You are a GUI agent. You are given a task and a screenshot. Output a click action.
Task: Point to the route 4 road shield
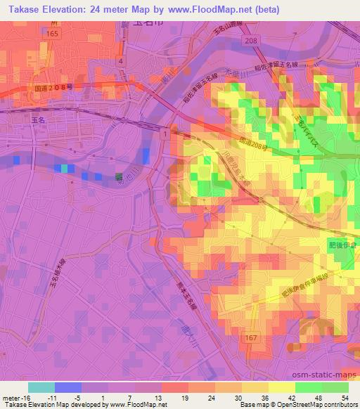121,62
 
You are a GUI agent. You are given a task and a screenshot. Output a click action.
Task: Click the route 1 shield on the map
163,134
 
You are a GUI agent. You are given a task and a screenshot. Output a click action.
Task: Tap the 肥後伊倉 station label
342,246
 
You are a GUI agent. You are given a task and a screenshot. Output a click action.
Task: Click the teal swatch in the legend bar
41,387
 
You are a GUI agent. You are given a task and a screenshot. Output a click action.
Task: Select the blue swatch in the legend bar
67,387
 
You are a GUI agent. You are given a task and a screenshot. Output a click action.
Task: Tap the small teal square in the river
65,169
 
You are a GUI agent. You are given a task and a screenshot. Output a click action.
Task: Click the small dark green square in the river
119,177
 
